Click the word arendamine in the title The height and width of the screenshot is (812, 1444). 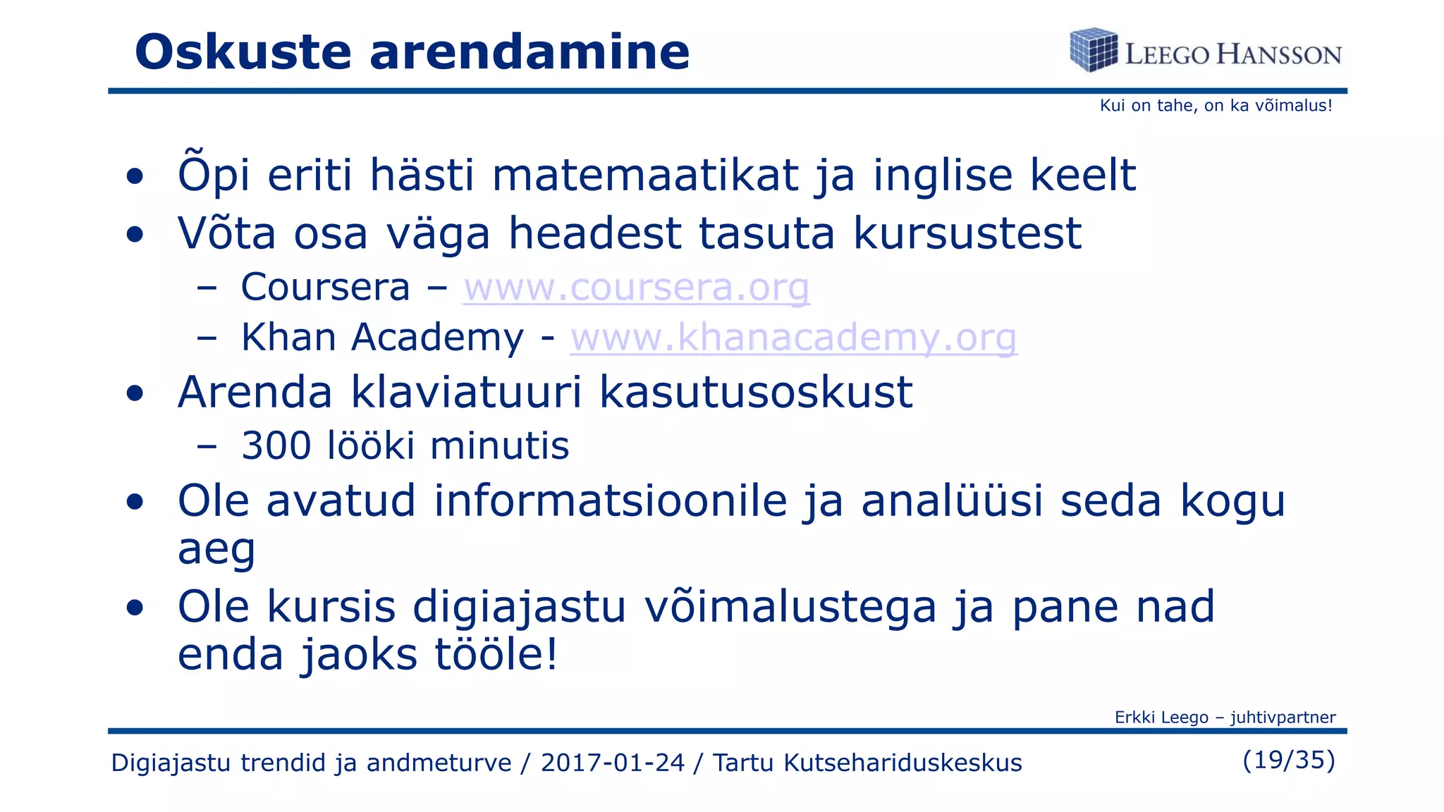tap(530, 52)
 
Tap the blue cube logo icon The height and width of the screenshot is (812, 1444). tap(1094, 50)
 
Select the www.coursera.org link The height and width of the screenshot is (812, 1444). tap(636, 288)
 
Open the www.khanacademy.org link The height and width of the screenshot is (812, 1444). tap(793, 338)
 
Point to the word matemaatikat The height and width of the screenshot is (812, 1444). tap(645, 175)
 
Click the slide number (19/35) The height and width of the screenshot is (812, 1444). tap(1289, 760)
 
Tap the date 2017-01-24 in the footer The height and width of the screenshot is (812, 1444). tap(612, 763)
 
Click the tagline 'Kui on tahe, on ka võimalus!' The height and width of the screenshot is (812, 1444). tap(1216, 106)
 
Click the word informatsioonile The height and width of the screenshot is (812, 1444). tap(610, 501)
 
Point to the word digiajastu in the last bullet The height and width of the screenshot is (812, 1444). tap(519, 607)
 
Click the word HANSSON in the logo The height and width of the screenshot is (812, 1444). tap(1279, 55)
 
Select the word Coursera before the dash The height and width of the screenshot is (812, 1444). tap(325, 288)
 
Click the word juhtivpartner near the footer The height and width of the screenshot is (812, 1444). tap(1283, 718)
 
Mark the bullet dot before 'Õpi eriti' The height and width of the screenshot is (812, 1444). tap(135, 176)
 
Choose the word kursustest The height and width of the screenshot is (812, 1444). tap(967, 233)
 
